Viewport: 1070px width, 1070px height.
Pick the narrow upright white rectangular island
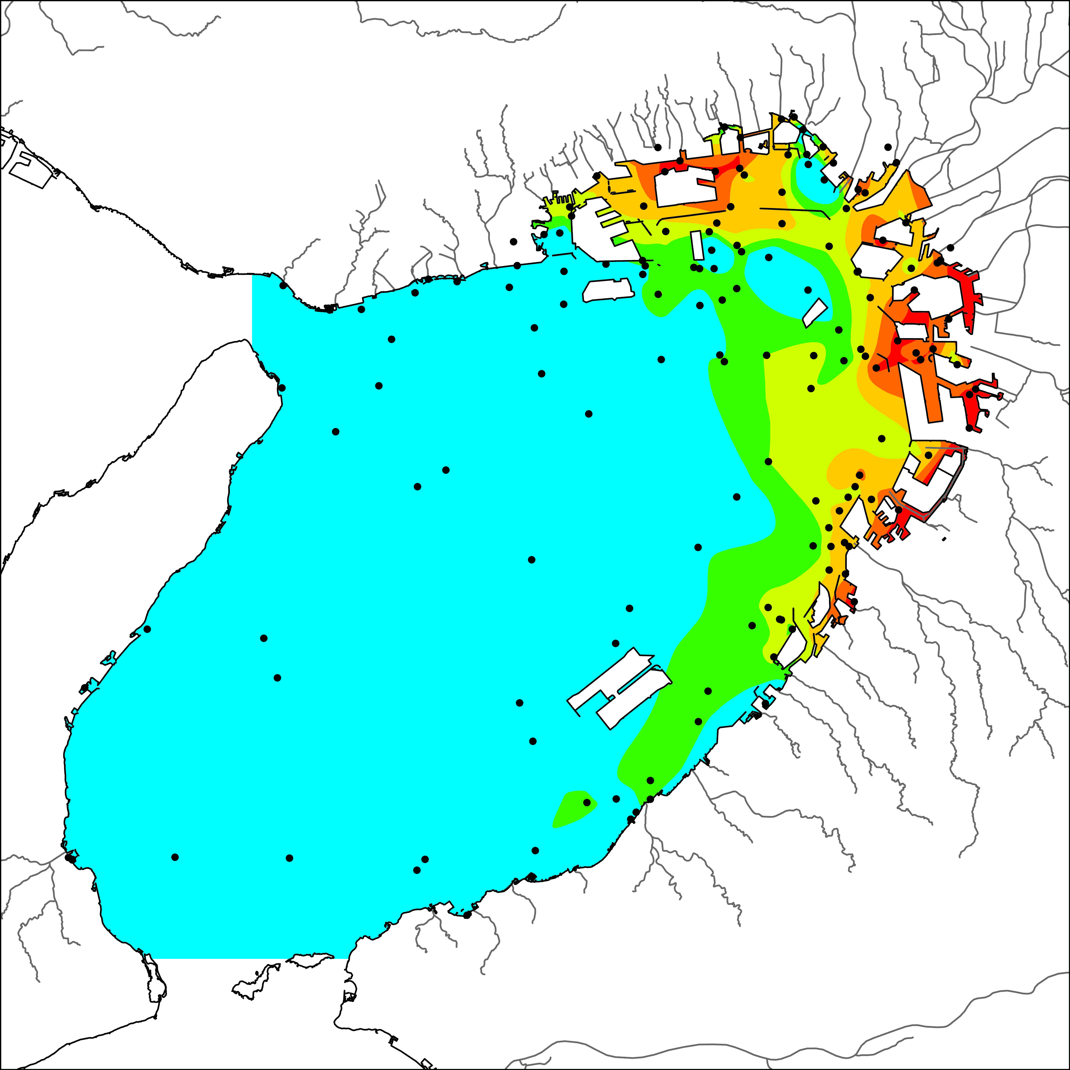coord(697,245)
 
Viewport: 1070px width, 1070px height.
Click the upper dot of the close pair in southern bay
coord(425,859)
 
